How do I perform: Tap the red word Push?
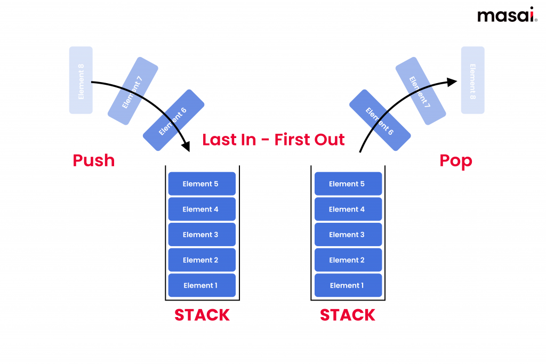tap(94, 160)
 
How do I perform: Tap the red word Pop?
tap(455, 160)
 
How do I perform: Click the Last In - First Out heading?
tap(273, 140)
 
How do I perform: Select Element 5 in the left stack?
tap(201, 184)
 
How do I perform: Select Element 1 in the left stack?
tap(201, 286)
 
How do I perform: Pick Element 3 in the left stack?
tap(201, 234)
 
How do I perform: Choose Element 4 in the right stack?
tap(348, 209)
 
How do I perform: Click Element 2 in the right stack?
tap(348, 260)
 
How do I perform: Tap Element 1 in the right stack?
tap(348, 286)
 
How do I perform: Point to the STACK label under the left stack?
tap(202, 315)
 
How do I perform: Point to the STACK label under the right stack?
tap(348, 315)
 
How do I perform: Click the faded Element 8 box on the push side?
tap(81, 80)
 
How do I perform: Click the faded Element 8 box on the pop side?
tap(472, 80)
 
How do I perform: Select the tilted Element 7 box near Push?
tap(133, 91)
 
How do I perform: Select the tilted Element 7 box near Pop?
tap(420, 91)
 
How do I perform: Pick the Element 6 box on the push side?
tap(174, 120)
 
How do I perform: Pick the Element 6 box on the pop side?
tap(380, 120)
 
